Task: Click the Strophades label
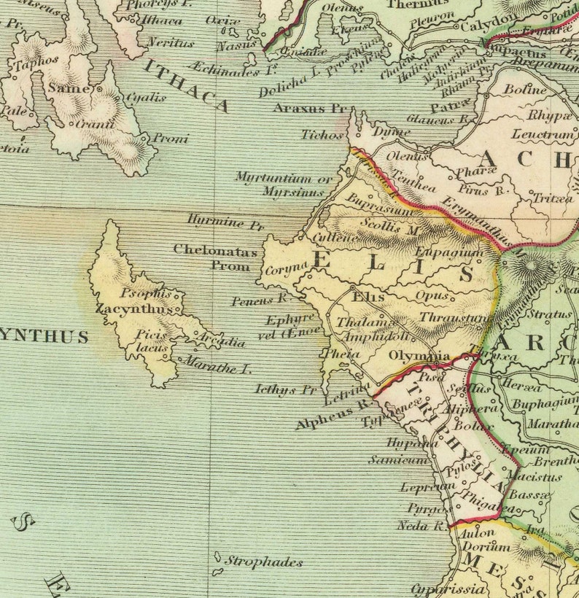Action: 263,562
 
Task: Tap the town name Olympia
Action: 419,356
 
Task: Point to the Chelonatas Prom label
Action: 215,257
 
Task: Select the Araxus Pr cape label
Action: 309,108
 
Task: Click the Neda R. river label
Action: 421,525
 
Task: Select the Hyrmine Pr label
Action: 225,222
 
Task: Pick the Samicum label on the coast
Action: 408,459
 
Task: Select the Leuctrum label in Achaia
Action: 543,135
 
